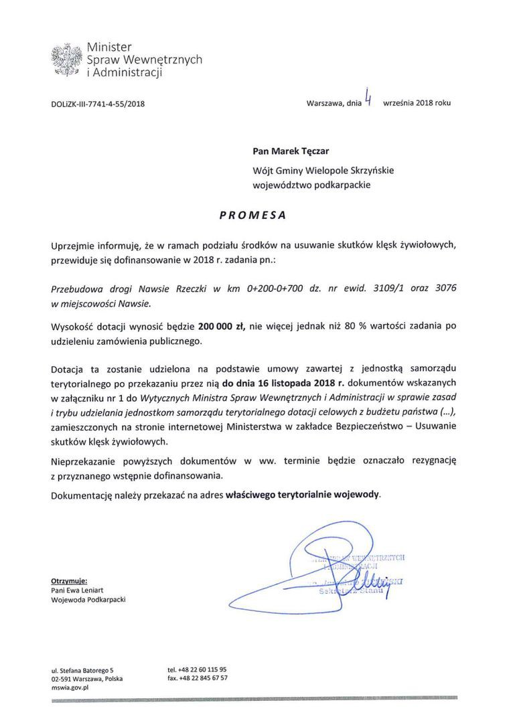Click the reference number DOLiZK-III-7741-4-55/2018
coord(98,104)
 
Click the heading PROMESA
coord(253,216)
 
